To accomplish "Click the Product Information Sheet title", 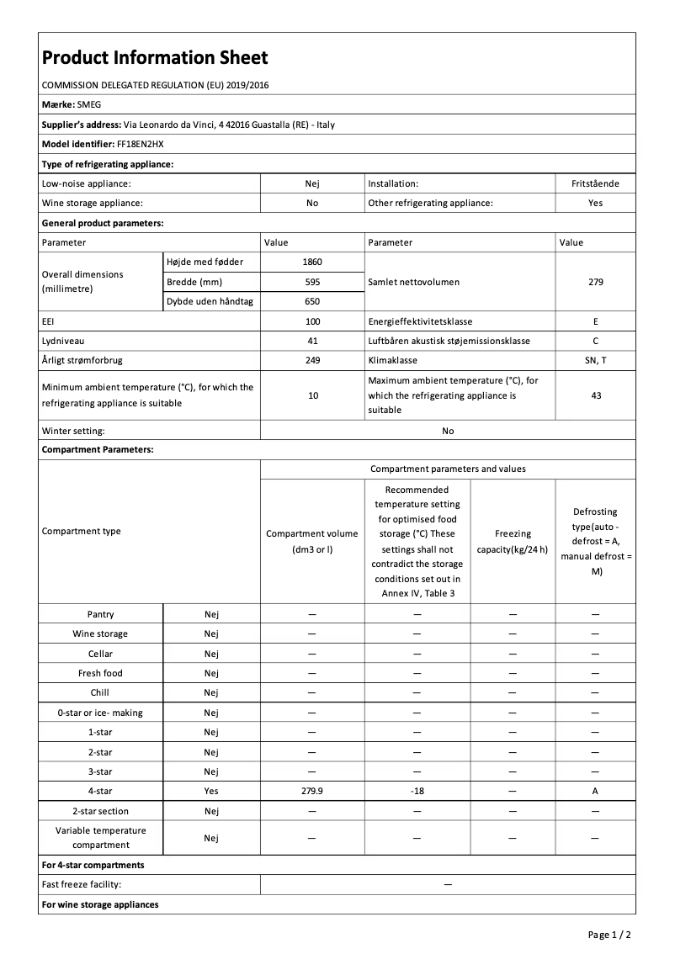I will [x=155, y=58].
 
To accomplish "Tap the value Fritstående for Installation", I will [x=595, y=183].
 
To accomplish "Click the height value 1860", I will [x=312, y=262].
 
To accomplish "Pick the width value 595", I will [x=312, y=282].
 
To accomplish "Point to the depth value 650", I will [x=312, y=301].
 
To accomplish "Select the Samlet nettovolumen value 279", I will [x=595, y=282].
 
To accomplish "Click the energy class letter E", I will [x=595, y=321].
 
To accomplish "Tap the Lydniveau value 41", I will [x=312, y=341].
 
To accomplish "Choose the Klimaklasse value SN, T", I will [x=595, y=360].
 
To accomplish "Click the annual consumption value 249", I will [x=312, y=360].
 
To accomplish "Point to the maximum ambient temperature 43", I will [x=595, y=395].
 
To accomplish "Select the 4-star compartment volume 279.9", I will [x=312, y=791].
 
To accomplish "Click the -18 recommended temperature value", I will [x=417, y=791].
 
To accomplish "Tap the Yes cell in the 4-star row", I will [x=211, y=791].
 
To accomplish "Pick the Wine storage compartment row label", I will [x=100, y=633].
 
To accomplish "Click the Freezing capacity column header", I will [x=513, y=542].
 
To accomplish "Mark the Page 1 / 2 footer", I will [x=609, y=935].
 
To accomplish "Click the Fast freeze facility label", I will [x=82, y=884].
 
